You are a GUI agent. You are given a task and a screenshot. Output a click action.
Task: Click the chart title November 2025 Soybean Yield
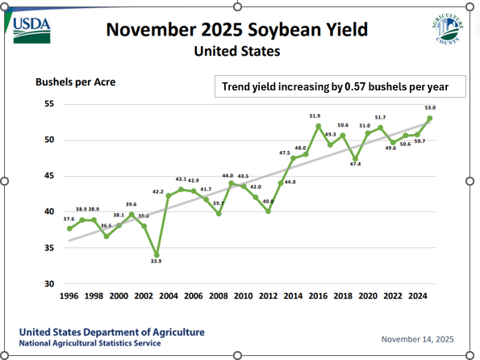[237, 31]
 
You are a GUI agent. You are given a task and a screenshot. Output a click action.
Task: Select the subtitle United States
[237, 52]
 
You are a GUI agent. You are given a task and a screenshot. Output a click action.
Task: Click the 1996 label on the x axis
[69, 297]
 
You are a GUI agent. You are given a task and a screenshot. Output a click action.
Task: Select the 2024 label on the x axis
[418, 297]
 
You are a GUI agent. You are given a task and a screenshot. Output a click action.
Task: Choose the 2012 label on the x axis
[268, 297]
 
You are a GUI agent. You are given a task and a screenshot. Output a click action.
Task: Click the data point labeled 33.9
[157, 255]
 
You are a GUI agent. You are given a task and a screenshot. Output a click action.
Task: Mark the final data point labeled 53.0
[430, 118]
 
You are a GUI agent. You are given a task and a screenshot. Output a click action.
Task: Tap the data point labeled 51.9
[318, 126]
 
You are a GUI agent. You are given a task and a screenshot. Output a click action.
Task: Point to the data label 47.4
[356, 164]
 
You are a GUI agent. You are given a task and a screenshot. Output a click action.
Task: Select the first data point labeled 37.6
[69, 228]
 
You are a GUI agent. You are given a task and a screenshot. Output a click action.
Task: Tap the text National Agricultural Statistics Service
[90, 343]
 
